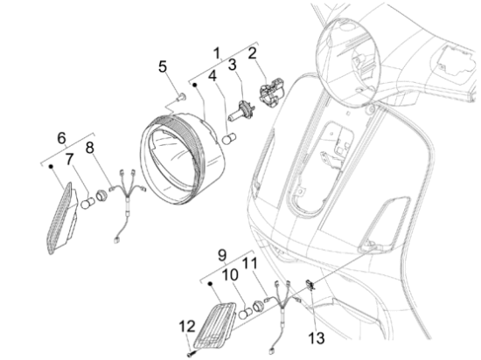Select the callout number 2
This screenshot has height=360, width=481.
(x=253, y=53)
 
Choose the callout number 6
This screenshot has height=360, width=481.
(x=62, y=137)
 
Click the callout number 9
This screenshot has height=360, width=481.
(x=222, y=254)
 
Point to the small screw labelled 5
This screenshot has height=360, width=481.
(x=182, y=96)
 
